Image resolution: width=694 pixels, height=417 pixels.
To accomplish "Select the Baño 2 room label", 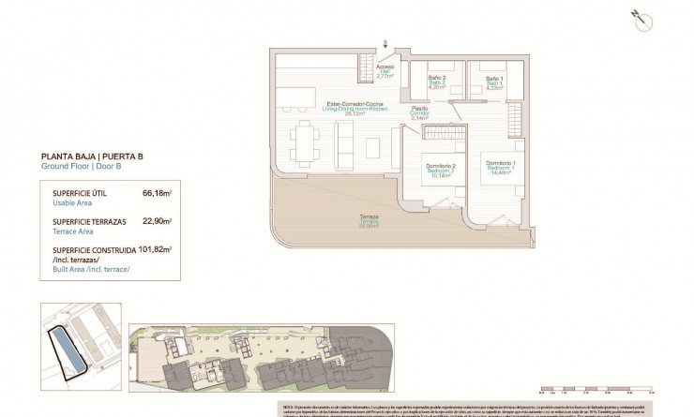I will point(437,82).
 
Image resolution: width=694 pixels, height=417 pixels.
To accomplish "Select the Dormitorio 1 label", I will point(502,167).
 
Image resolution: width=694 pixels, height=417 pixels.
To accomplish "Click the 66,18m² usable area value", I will point(156,192).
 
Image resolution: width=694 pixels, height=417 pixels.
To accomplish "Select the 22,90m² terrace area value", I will point(156,221).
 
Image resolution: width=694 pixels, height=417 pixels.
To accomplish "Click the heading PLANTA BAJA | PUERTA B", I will point(92,156).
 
